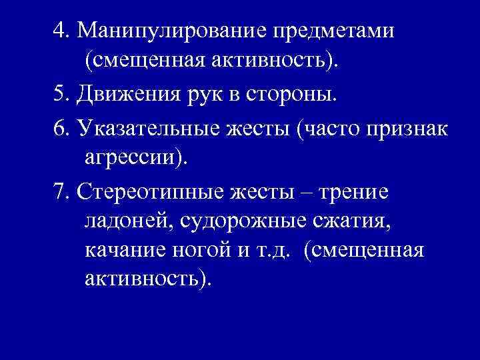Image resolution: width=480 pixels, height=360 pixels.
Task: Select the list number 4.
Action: [61, 31]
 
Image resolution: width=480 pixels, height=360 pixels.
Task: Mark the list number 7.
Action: [61, 191]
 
